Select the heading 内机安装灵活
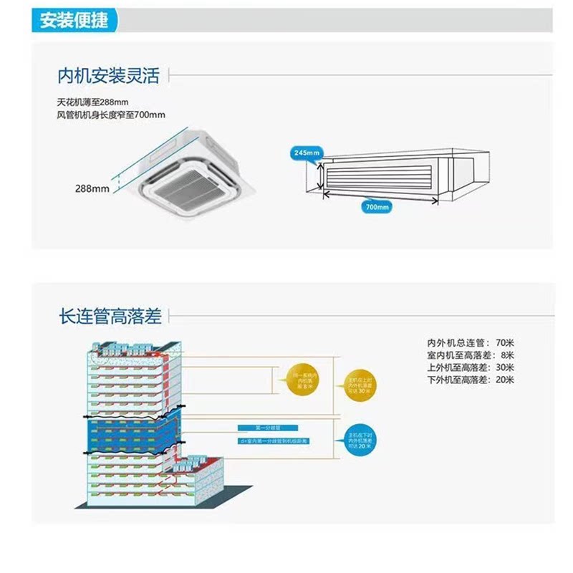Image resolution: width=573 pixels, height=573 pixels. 108,74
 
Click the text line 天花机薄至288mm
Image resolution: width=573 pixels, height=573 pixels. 97,102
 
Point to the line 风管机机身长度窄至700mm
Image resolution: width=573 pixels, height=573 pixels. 110,115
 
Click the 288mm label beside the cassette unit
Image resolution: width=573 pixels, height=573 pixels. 92,188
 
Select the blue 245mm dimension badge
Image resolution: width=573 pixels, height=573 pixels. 307,153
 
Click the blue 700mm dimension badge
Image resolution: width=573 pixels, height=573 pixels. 377,206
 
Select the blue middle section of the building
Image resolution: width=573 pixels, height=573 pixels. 129,433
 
